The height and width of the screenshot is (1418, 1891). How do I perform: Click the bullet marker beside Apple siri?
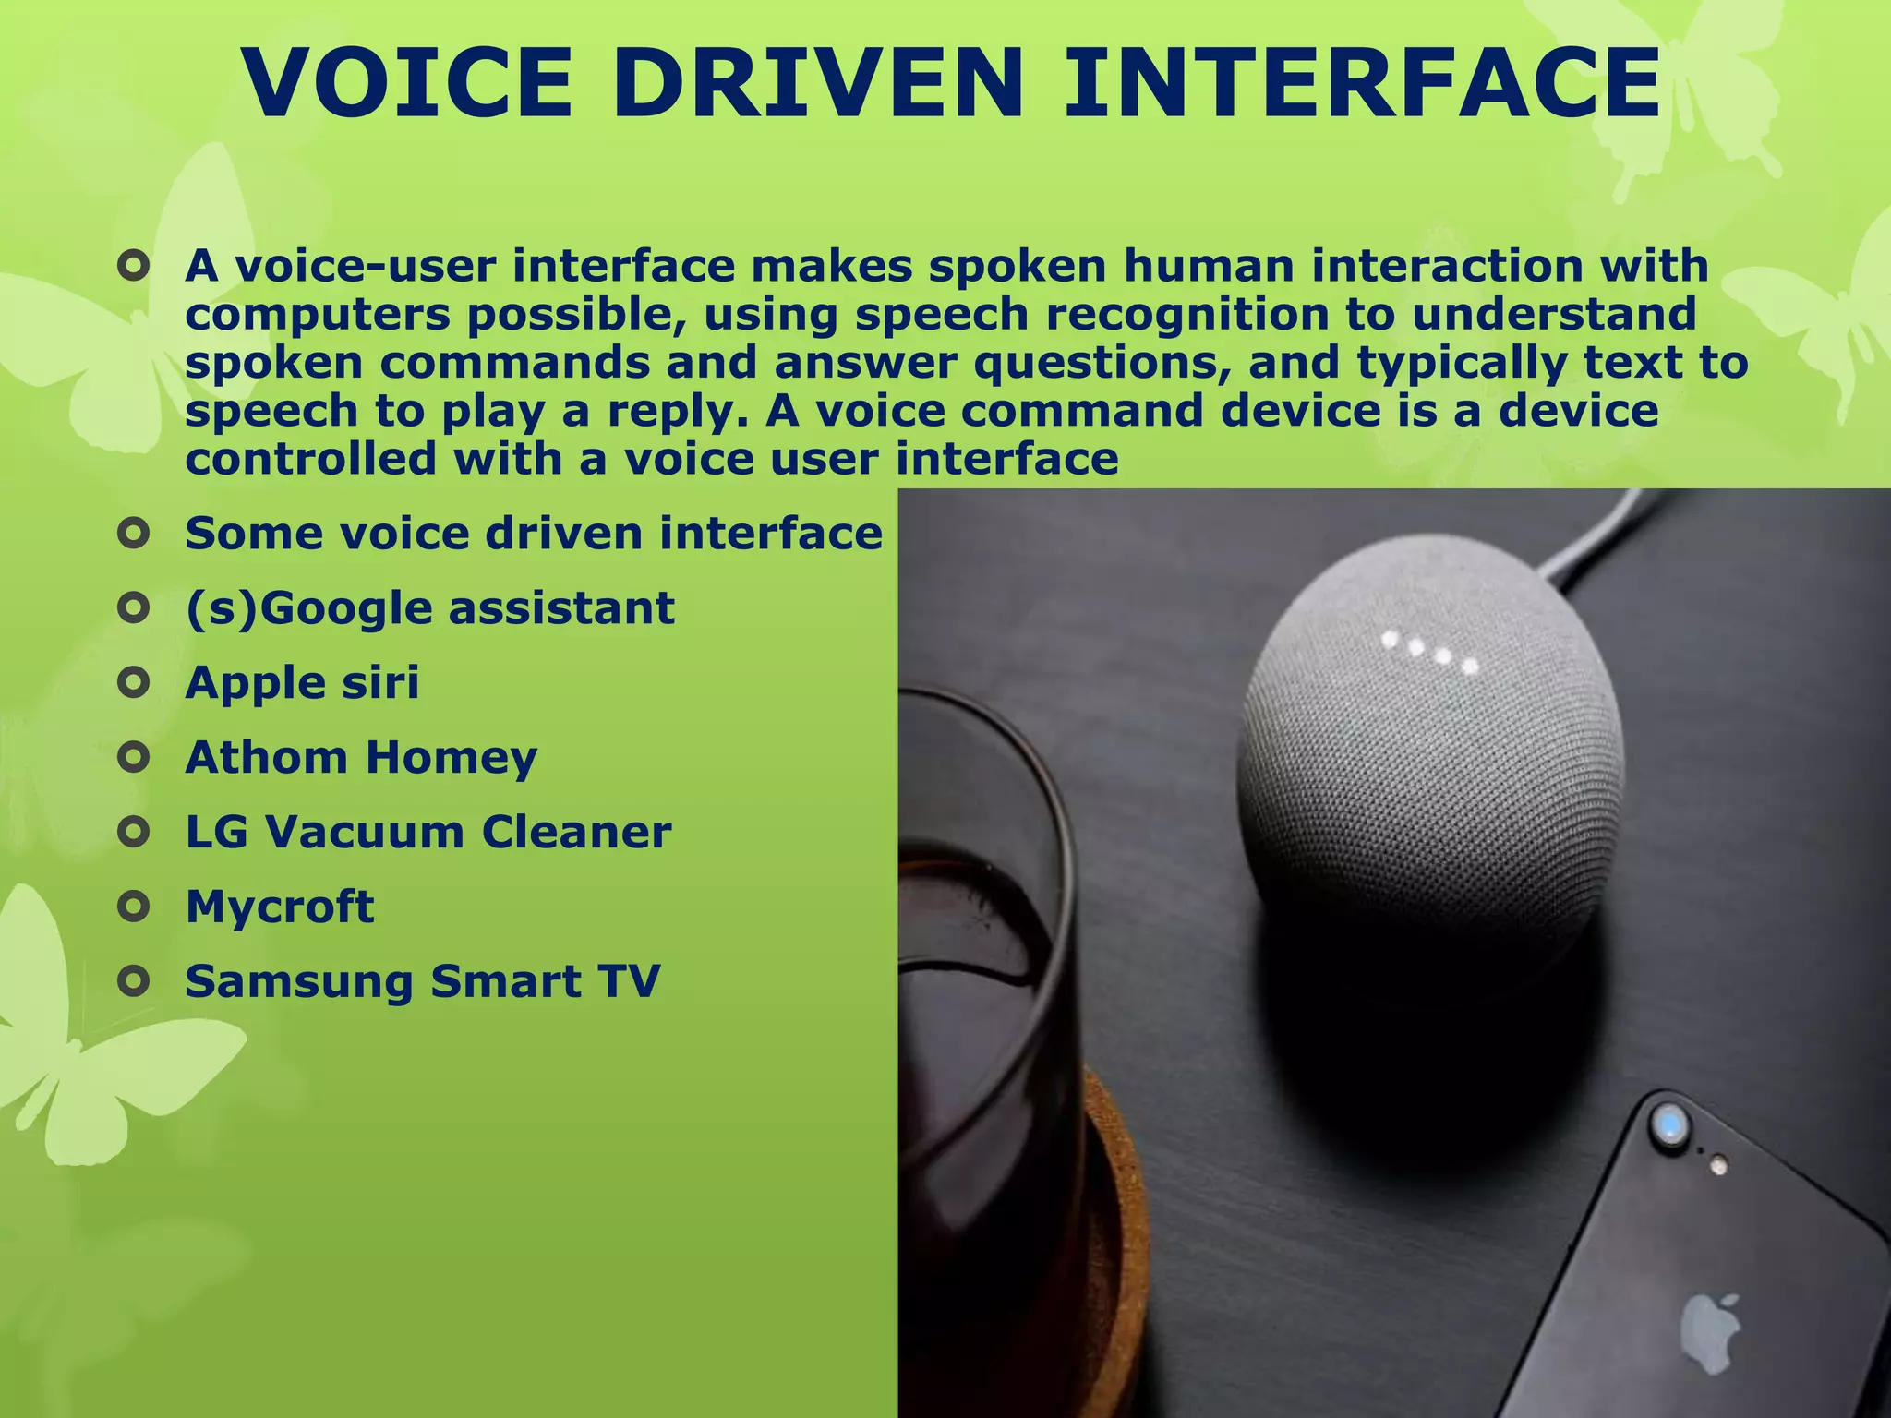click(135, 683)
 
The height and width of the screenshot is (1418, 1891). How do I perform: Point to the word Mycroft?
click(280, 907)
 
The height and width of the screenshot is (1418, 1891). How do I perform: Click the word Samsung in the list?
click(298, 982)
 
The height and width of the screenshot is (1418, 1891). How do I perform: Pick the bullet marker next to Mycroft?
click(135, 907)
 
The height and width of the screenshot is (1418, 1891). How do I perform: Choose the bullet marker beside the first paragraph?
click(135, 268)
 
